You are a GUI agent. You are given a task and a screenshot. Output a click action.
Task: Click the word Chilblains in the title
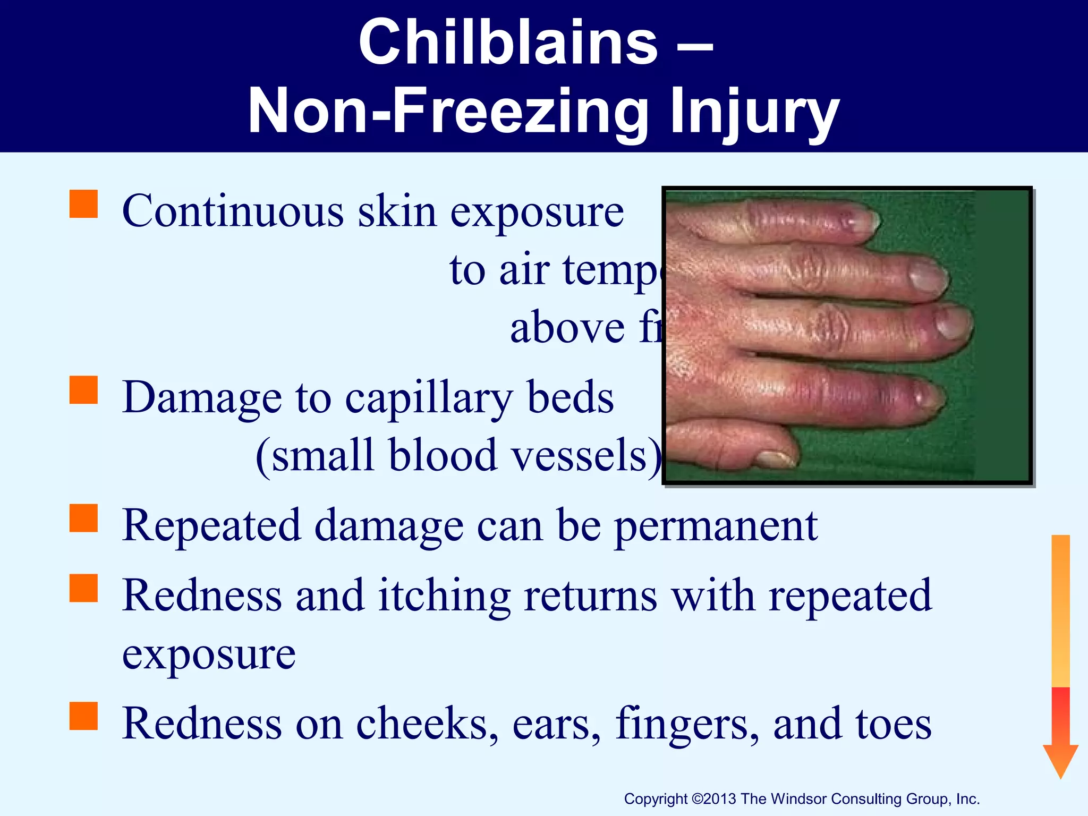coord(508,42)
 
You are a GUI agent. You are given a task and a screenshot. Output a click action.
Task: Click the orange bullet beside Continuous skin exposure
coord(84,205)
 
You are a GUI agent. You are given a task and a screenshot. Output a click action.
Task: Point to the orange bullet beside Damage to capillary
coord(84,390)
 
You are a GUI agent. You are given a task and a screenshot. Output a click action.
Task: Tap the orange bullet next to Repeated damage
coord(84,518)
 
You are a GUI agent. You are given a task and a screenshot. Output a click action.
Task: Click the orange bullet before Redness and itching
coord(84,588)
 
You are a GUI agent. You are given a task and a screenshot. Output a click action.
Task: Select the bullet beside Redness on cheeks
coord(84,716)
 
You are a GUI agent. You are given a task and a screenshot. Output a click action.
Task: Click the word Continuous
coord(233,212)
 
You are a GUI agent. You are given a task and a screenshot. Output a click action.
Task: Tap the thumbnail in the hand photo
coord(777,457)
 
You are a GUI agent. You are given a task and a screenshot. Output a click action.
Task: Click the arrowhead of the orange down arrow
coord(1060,760)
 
